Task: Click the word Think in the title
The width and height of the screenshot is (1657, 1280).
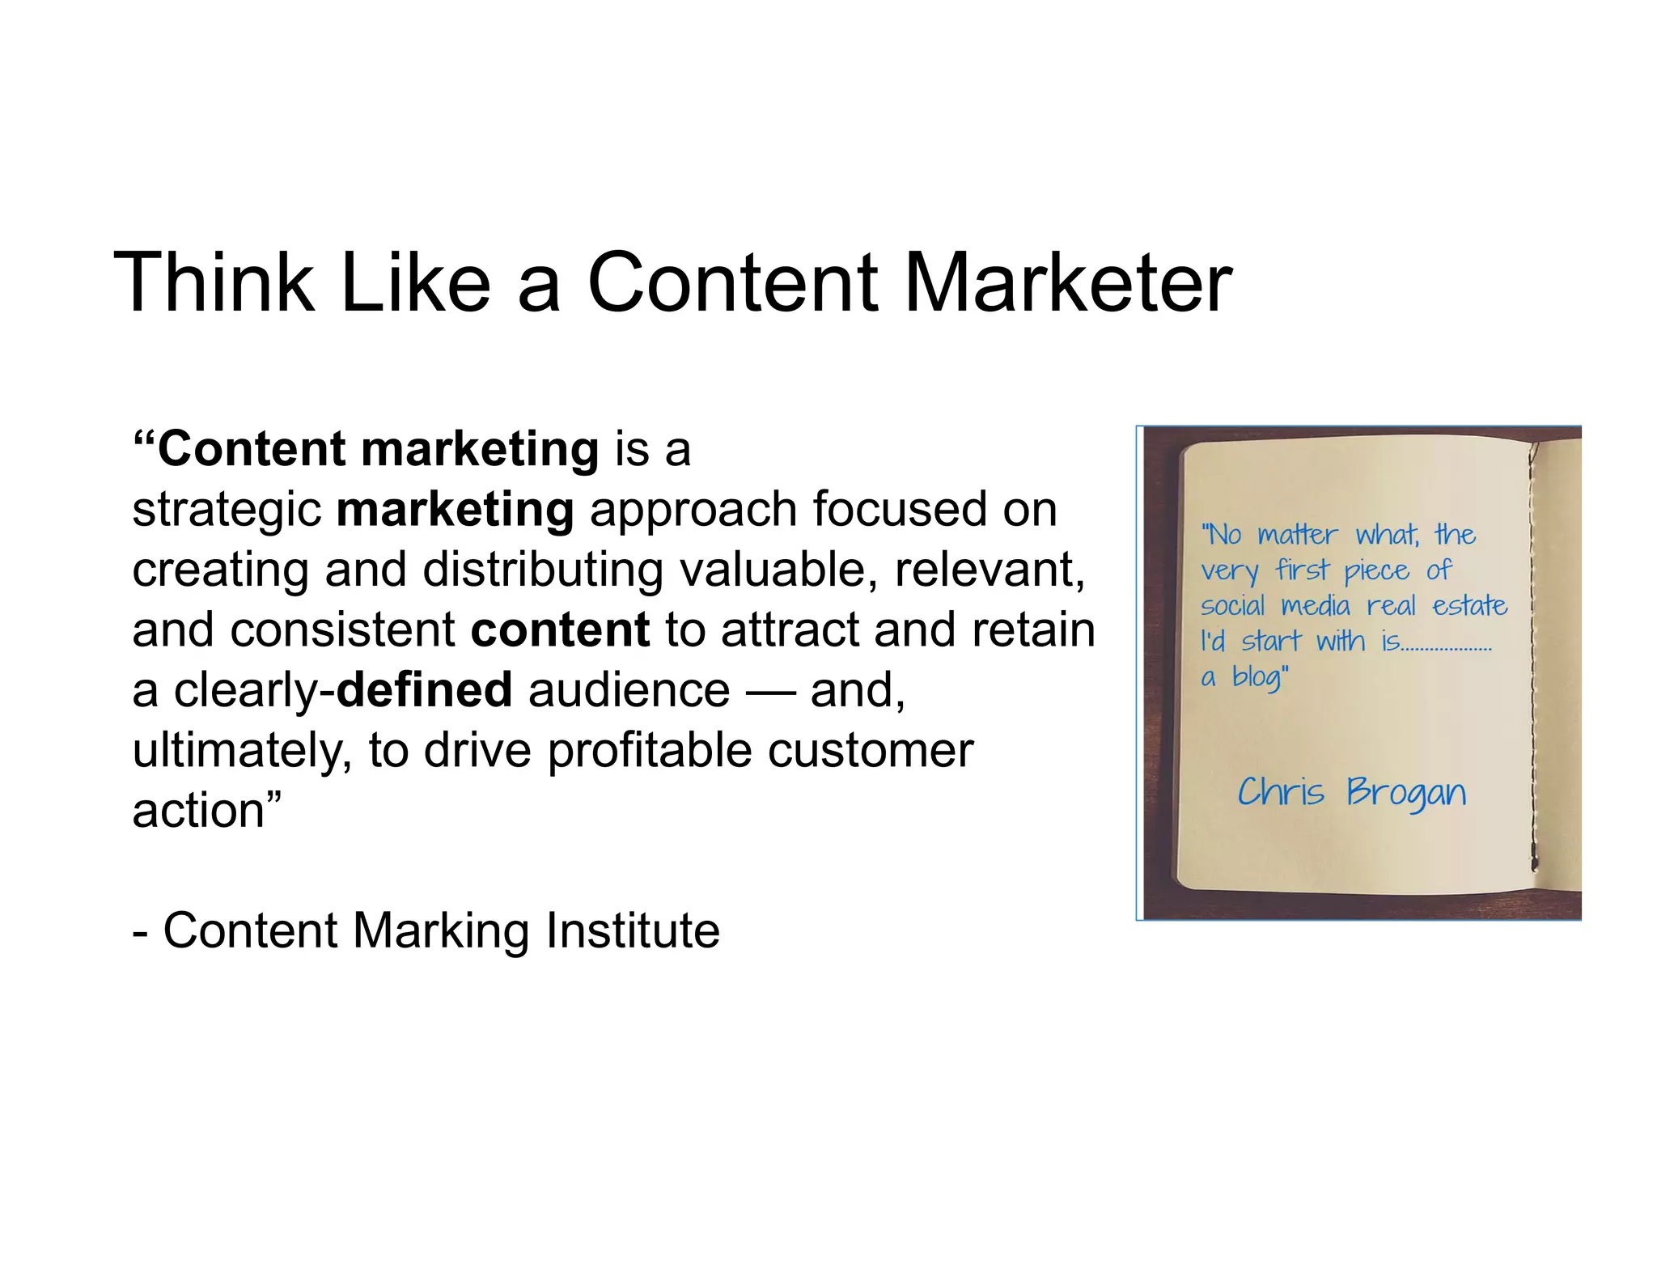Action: click(x=214, y=283)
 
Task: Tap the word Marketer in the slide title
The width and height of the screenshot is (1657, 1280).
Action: click(x=1067, y=283)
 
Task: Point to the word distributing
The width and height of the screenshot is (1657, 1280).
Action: click(x=542, y=570)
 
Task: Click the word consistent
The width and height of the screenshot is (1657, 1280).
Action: click(x=343, y=630)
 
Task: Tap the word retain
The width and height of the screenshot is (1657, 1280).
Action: click(x=1033, y=630)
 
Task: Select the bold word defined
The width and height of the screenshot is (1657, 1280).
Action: click(x=424, y=690)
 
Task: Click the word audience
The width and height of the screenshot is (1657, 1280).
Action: click(x=629, y=692)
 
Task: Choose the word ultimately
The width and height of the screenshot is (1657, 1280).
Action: click(x=242, y=752)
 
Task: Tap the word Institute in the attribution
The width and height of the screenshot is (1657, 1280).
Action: click(x=633, y=930)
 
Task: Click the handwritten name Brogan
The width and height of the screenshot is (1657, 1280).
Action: click(x=1405, y=793)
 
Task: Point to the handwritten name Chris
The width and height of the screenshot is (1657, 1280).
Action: click(x=1281, y=791)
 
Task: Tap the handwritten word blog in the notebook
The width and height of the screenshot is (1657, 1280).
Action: click(x=1257, y=677)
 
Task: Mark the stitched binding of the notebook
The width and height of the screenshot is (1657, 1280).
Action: click(x=1532, y=655)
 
